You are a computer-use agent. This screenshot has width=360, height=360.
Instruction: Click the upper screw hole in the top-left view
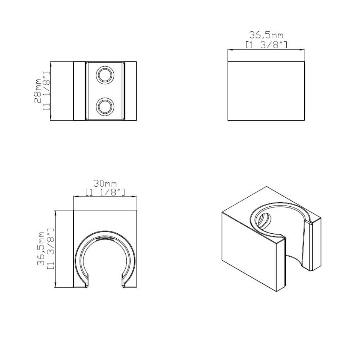105,75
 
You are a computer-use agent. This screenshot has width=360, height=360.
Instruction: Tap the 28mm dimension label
38,91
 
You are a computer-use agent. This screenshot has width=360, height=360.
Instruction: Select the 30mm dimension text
105,184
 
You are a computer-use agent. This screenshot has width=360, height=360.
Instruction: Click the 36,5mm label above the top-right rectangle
266,35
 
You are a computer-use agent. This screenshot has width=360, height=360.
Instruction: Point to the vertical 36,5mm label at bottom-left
41,249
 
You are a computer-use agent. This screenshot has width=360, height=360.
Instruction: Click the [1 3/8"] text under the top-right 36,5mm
266,45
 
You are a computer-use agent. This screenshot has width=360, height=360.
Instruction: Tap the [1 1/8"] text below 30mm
105,192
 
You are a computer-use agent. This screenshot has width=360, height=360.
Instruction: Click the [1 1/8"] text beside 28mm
46,91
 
